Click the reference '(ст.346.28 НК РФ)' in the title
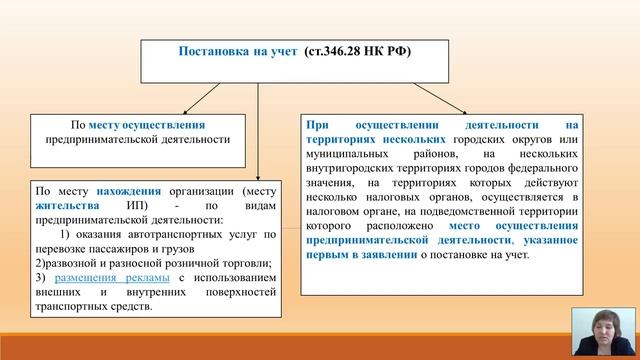[356, 51]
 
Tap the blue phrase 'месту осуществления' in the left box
[146, 125]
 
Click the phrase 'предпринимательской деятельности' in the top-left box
[137, 140]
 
